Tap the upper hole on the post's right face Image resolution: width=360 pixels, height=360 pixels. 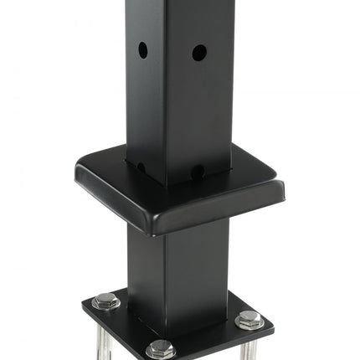tap(198, 53)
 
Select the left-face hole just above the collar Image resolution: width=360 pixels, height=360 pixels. tap(141, 167)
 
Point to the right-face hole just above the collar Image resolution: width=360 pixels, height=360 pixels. tap(197, 172)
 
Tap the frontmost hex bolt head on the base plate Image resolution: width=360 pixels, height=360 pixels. tap(161, 348)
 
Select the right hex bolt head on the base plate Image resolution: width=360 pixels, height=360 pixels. tap(249, 318)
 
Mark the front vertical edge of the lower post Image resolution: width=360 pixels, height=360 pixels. tap(161, 276)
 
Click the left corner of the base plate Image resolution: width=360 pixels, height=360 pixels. tap(83, 301)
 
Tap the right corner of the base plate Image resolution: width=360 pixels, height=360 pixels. tap(272, 323)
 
